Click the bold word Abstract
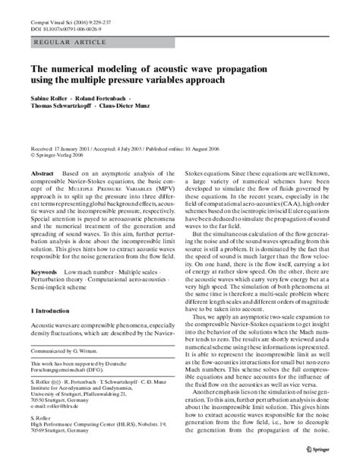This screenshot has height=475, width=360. tap(42, 173)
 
